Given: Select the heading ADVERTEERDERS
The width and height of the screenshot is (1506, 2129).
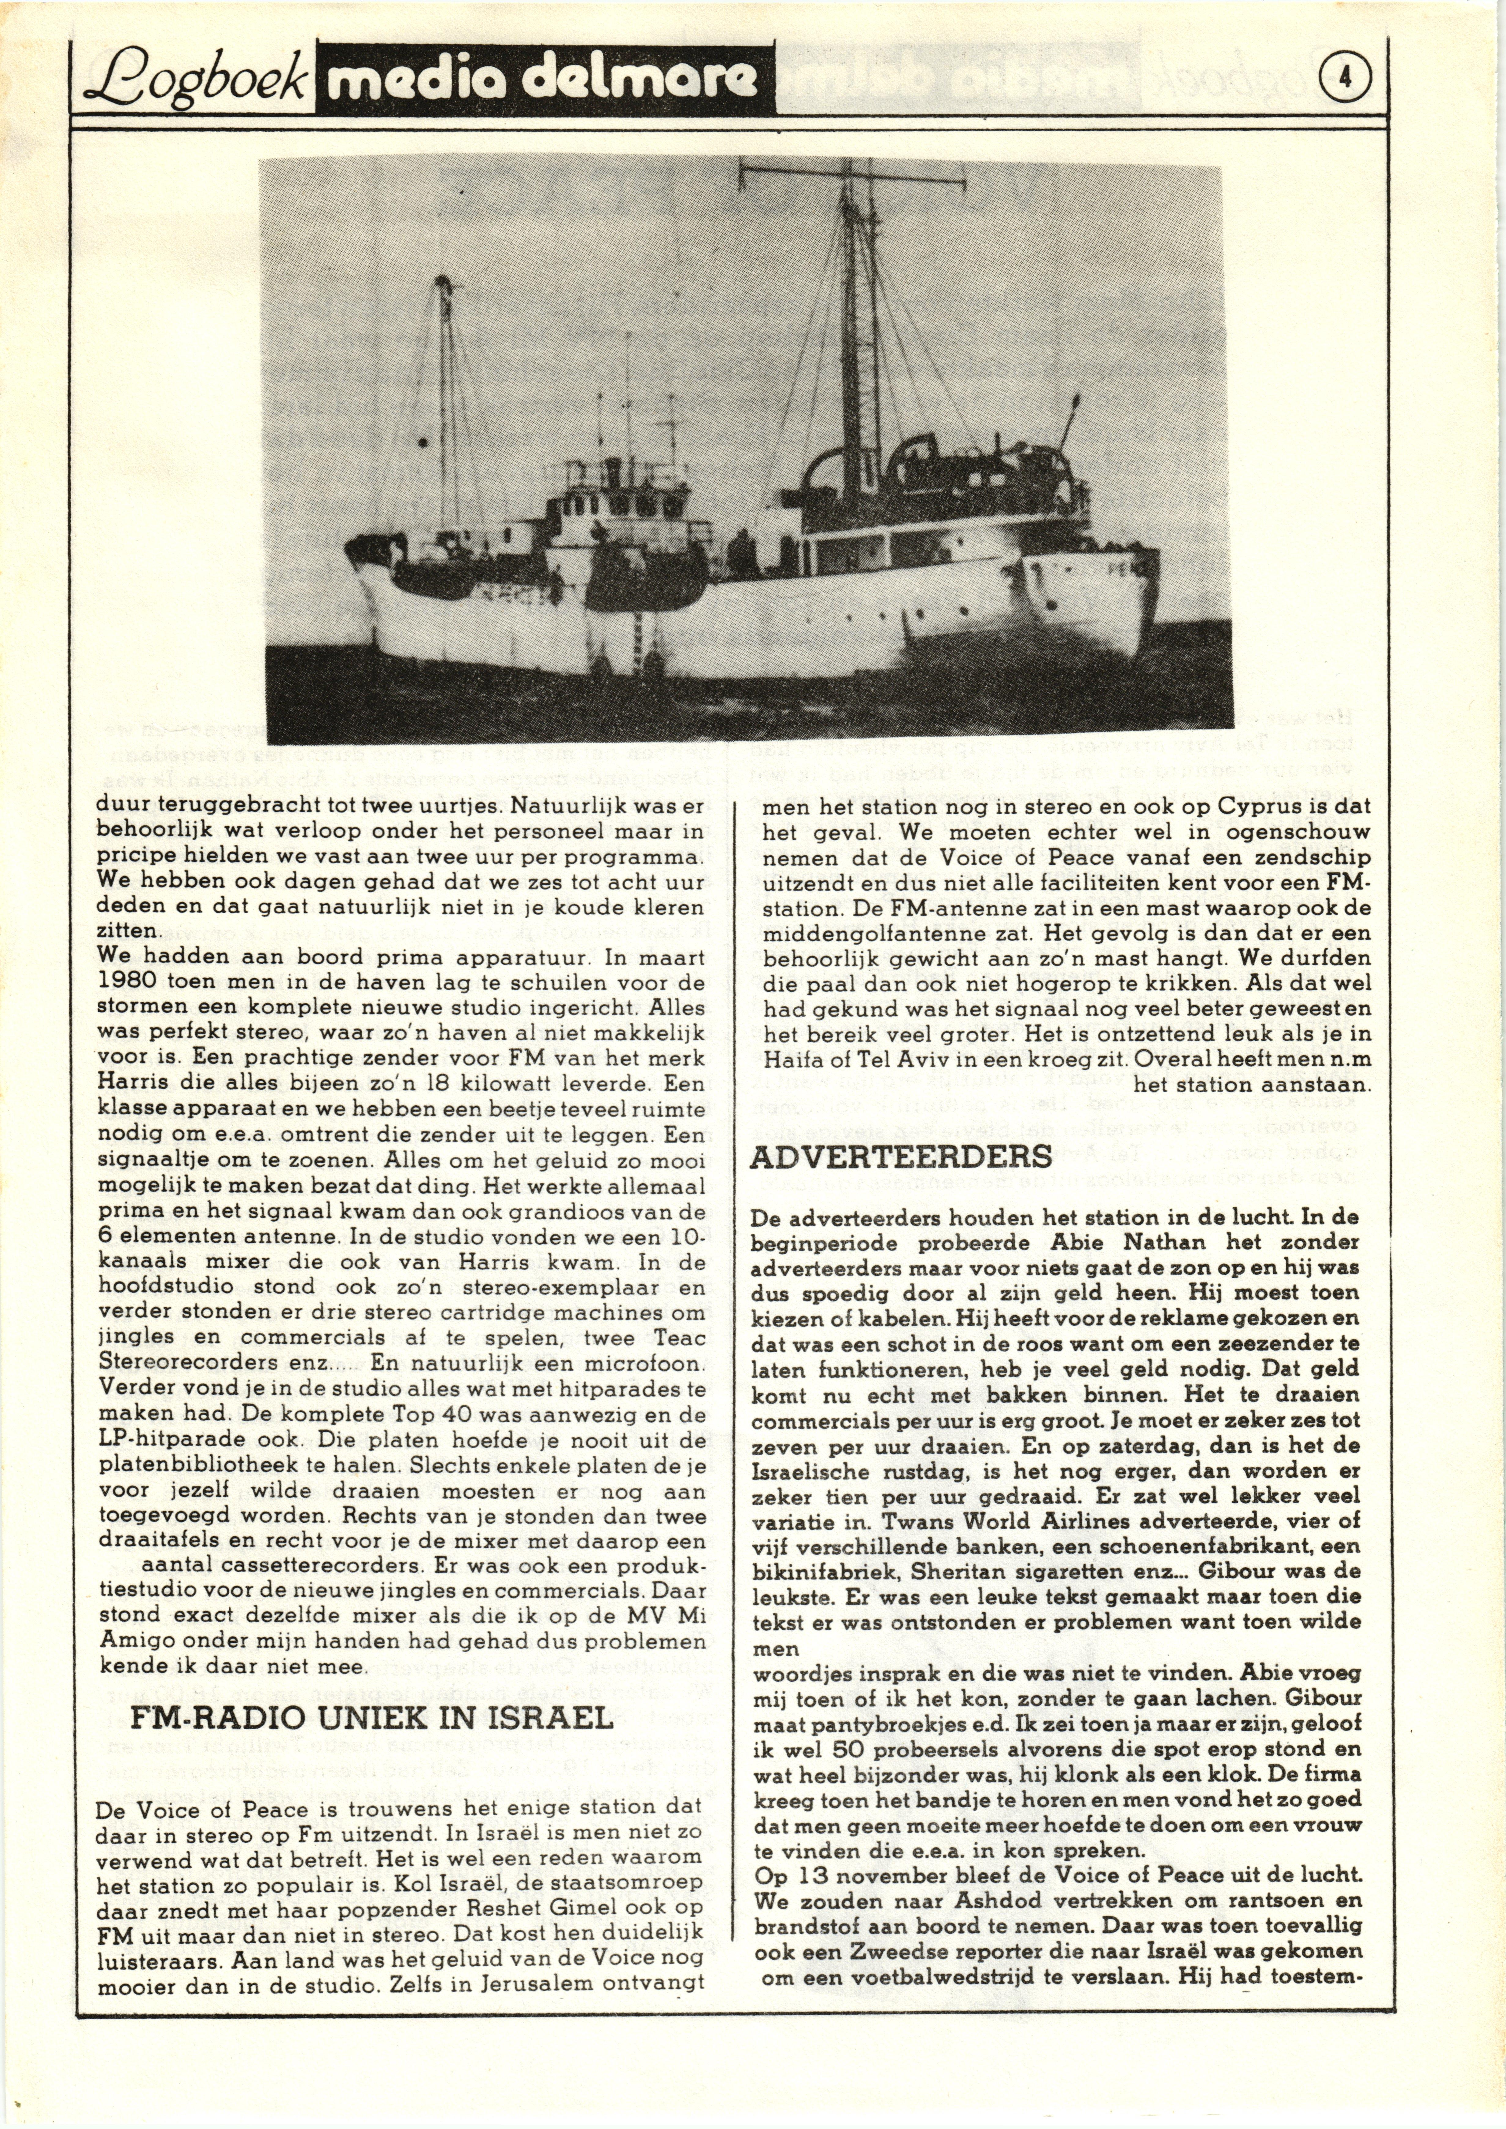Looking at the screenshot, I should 901,1157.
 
